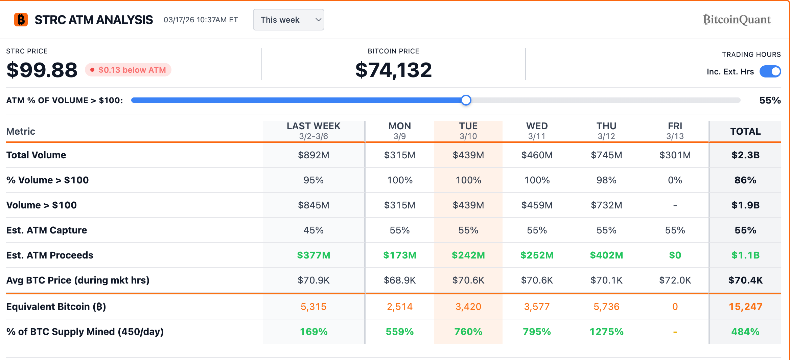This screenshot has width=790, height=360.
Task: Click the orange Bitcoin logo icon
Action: coord(21,20)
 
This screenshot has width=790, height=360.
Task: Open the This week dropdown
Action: coord(288,20)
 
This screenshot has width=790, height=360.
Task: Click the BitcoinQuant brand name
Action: coord(737,20)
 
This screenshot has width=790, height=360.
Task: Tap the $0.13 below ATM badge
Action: coord(128,70)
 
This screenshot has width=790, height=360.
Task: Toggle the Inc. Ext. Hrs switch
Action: coord(770,72)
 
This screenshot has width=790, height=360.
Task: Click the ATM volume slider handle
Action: coord(466,100)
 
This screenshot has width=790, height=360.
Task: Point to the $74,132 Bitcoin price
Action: coord(393,70)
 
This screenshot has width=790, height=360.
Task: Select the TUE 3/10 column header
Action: coord(468,131)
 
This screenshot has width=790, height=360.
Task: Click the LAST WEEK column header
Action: coord(313,131)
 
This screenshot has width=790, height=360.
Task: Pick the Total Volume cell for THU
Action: coord(606,155)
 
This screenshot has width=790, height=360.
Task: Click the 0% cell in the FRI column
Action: coord(675,180)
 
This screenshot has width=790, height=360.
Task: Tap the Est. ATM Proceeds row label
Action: coord(50,255)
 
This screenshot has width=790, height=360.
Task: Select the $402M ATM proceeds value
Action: coord(606,255)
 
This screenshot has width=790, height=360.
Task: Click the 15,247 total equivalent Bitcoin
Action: coord(745,307)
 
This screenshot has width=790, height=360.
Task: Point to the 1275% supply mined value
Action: coord(606,332)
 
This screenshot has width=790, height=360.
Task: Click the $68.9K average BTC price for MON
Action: coord(399,280)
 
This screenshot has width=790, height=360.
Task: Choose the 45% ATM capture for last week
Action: coord(313,230)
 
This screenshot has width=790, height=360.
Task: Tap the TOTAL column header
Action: coord(745,131)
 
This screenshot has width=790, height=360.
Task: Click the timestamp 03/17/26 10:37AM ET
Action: coord(201,20)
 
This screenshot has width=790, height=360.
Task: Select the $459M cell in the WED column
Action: coord(537,205)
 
